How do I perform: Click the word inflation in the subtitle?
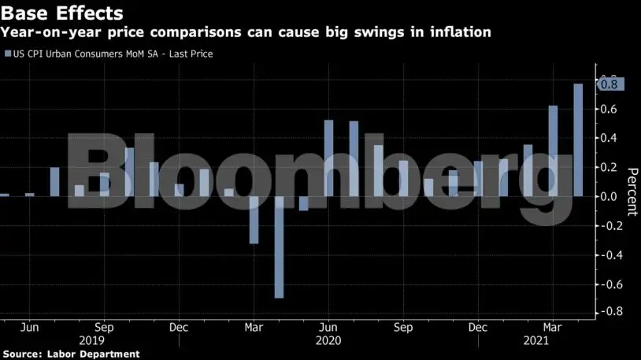point(462,32)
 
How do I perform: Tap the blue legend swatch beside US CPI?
point(8,54)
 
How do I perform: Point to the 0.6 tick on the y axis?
point(609,109)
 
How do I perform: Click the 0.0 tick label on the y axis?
point(609,196)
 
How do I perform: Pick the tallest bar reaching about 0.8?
point(578,139)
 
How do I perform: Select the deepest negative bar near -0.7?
point(279,247)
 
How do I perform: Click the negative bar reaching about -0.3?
point(254,220)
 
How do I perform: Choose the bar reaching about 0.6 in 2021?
point(553,150)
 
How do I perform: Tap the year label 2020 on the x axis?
point(328,340)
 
